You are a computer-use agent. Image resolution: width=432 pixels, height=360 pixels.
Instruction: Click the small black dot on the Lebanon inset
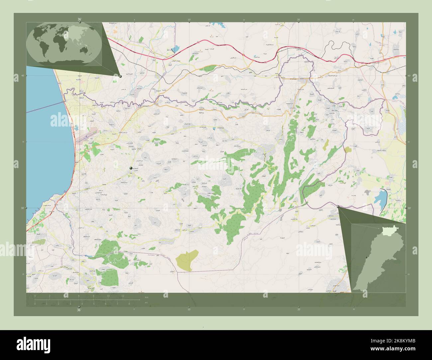click(x=366, y=257)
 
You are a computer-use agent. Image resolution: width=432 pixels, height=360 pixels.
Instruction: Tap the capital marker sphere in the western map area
click(x=131, y=168)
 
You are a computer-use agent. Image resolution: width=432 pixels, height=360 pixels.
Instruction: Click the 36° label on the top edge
click(x=79, y=19)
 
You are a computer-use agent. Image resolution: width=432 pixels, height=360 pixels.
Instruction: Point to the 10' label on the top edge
click(x=189, y=20)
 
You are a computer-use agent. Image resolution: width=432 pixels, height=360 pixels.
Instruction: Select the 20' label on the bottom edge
click(x=299, y=310)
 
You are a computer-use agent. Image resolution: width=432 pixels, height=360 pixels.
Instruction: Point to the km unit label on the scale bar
click(x=147, y=297)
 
